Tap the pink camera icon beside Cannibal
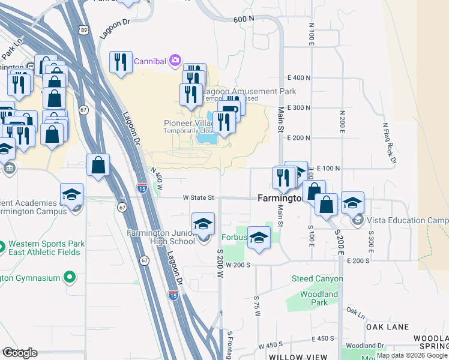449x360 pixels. (x=175, y=59)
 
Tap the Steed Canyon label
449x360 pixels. (x=317, y=278)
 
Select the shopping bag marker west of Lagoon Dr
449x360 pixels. (x=98, y=164)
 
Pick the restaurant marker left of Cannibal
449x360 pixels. (x=121, y=62)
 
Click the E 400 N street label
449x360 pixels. (x=299, y=78)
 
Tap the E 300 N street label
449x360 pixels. (x=299, y=108)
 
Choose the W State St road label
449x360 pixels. (x=198, y=197)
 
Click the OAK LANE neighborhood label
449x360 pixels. (x=387, y=327)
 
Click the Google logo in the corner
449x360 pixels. (x=20, y=353)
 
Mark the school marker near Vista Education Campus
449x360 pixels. (x=352, y=202)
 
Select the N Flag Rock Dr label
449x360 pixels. (x=389, y=143)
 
